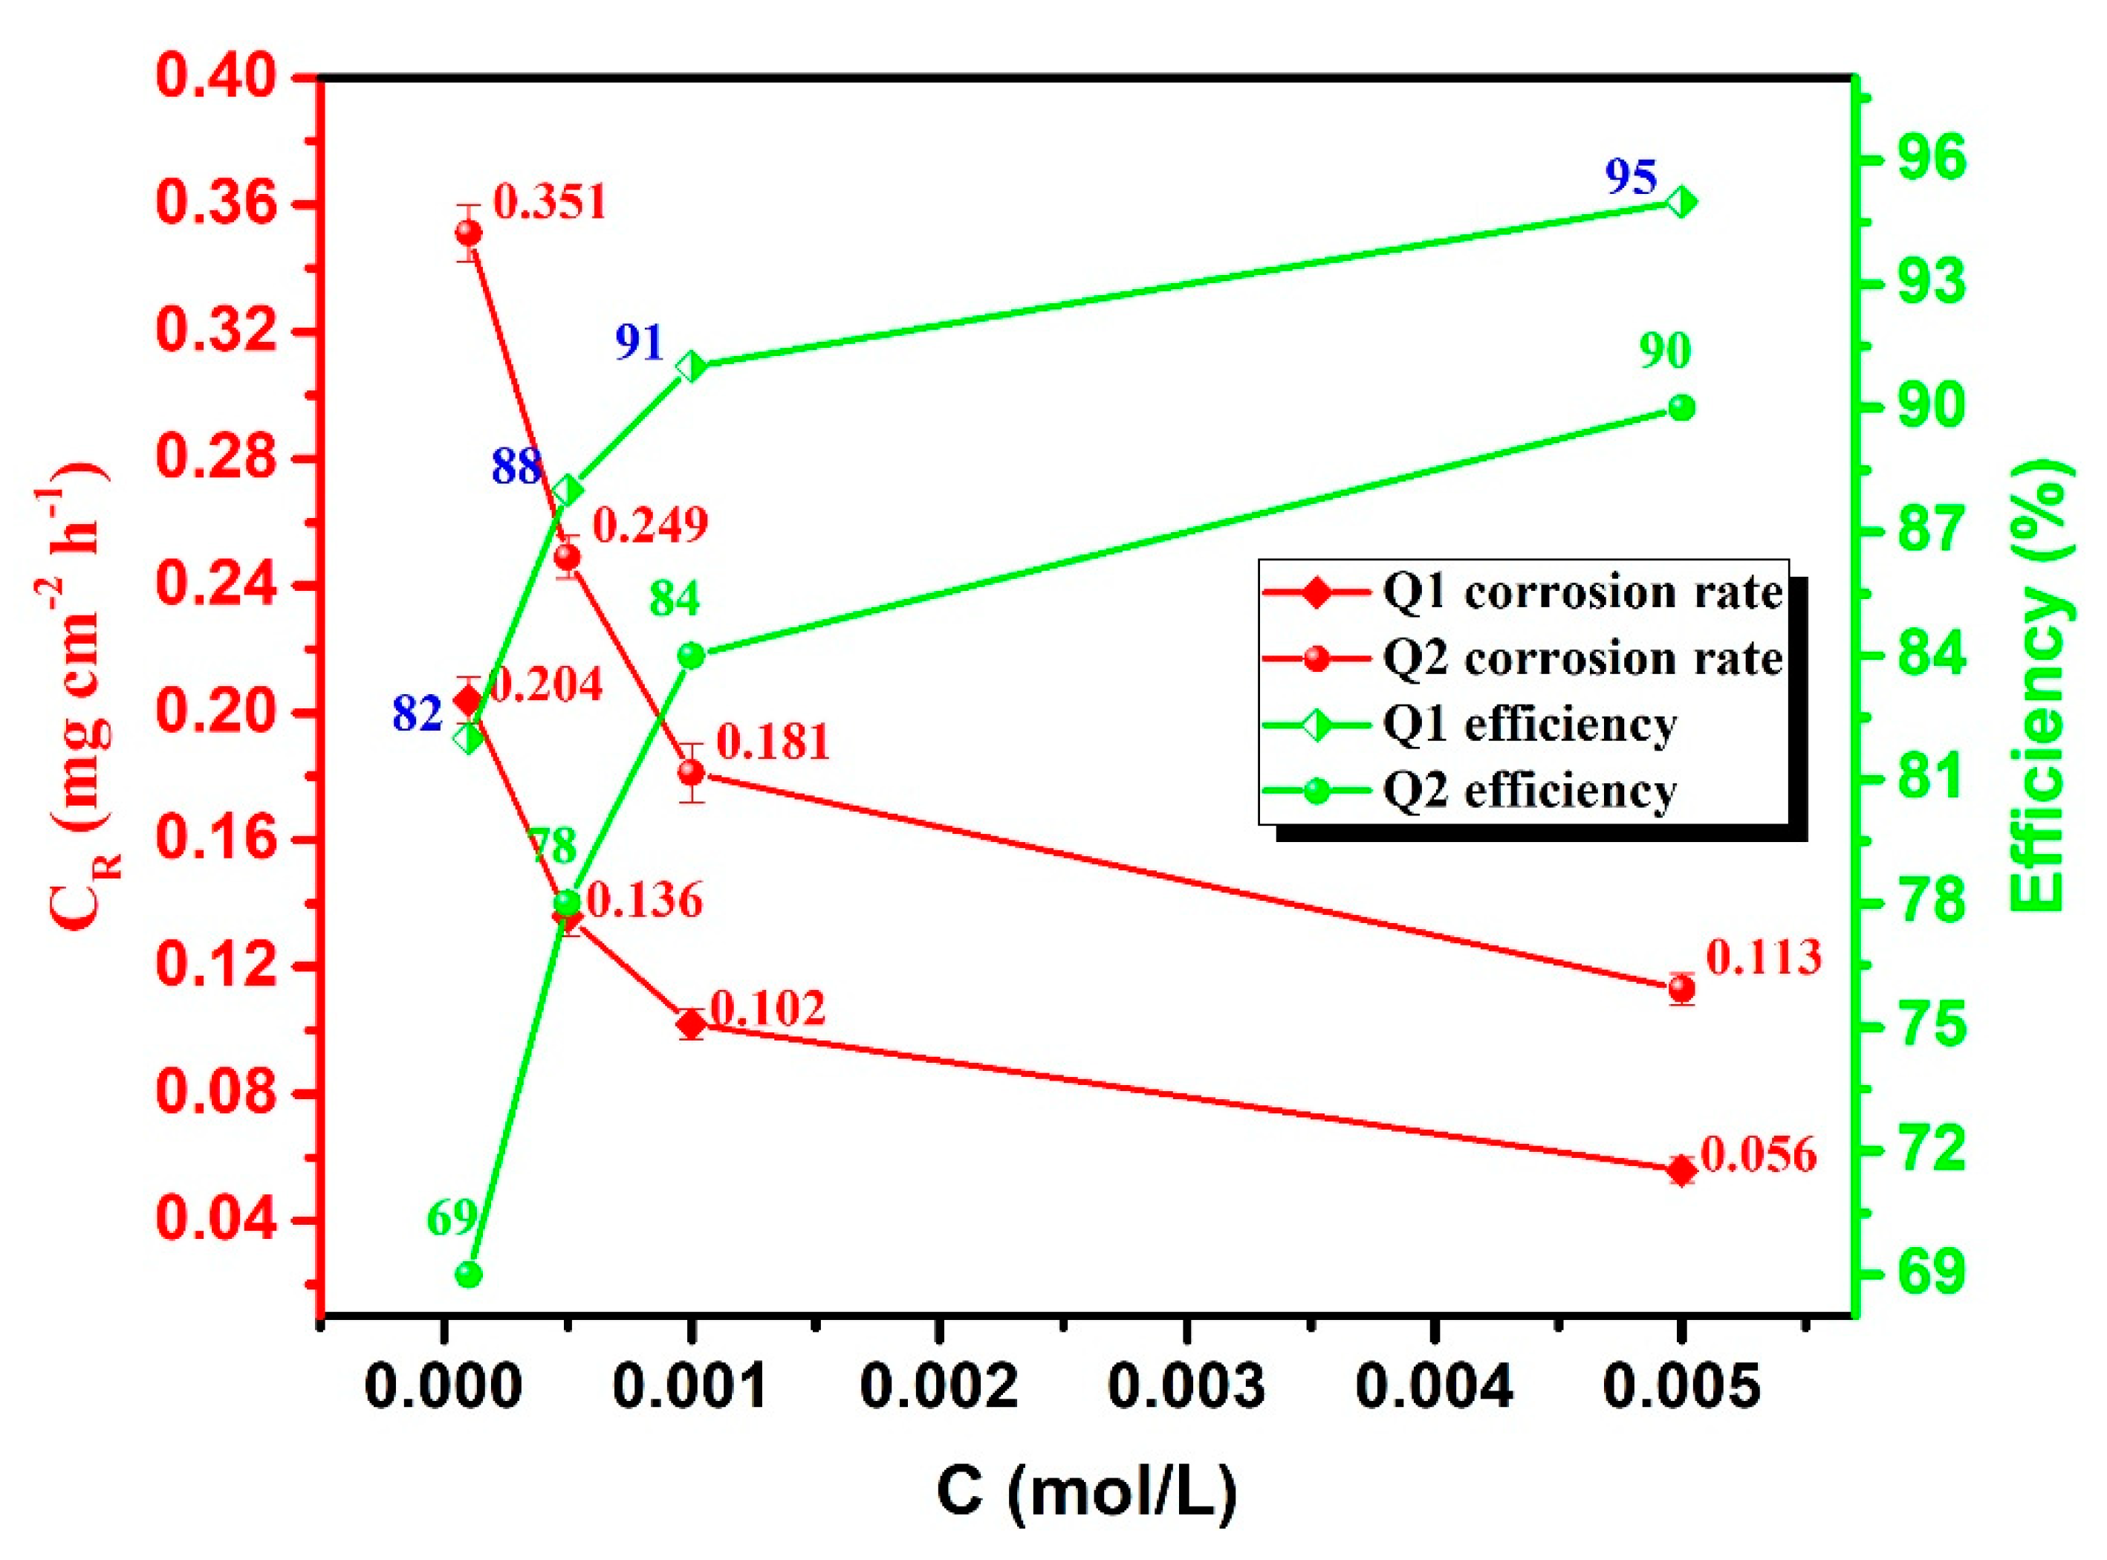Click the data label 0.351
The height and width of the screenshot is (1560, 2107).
tap(549, 203)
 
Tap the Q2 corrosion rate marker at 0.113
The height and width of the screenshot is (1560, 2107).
tap(1681, 988)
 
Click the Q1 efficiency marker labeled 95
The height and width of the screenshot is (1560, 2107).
tap(1681, 202)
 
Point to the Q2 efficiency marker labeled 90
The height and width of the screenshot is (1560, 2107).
tap(1681, 408)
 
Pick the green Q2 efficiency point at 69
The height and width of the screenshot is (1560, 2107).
tap(468, 1275)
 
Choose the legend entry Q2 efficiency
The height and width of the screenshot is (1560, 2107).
tap(1529, 790)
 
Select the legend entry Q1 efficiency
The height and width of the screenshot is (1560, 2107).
tap(1529, 725)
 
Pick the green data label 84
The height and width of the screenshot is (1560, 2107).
tap(675, 600)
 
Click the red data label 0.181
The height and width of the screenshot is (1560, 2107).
tap(773, 742)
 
